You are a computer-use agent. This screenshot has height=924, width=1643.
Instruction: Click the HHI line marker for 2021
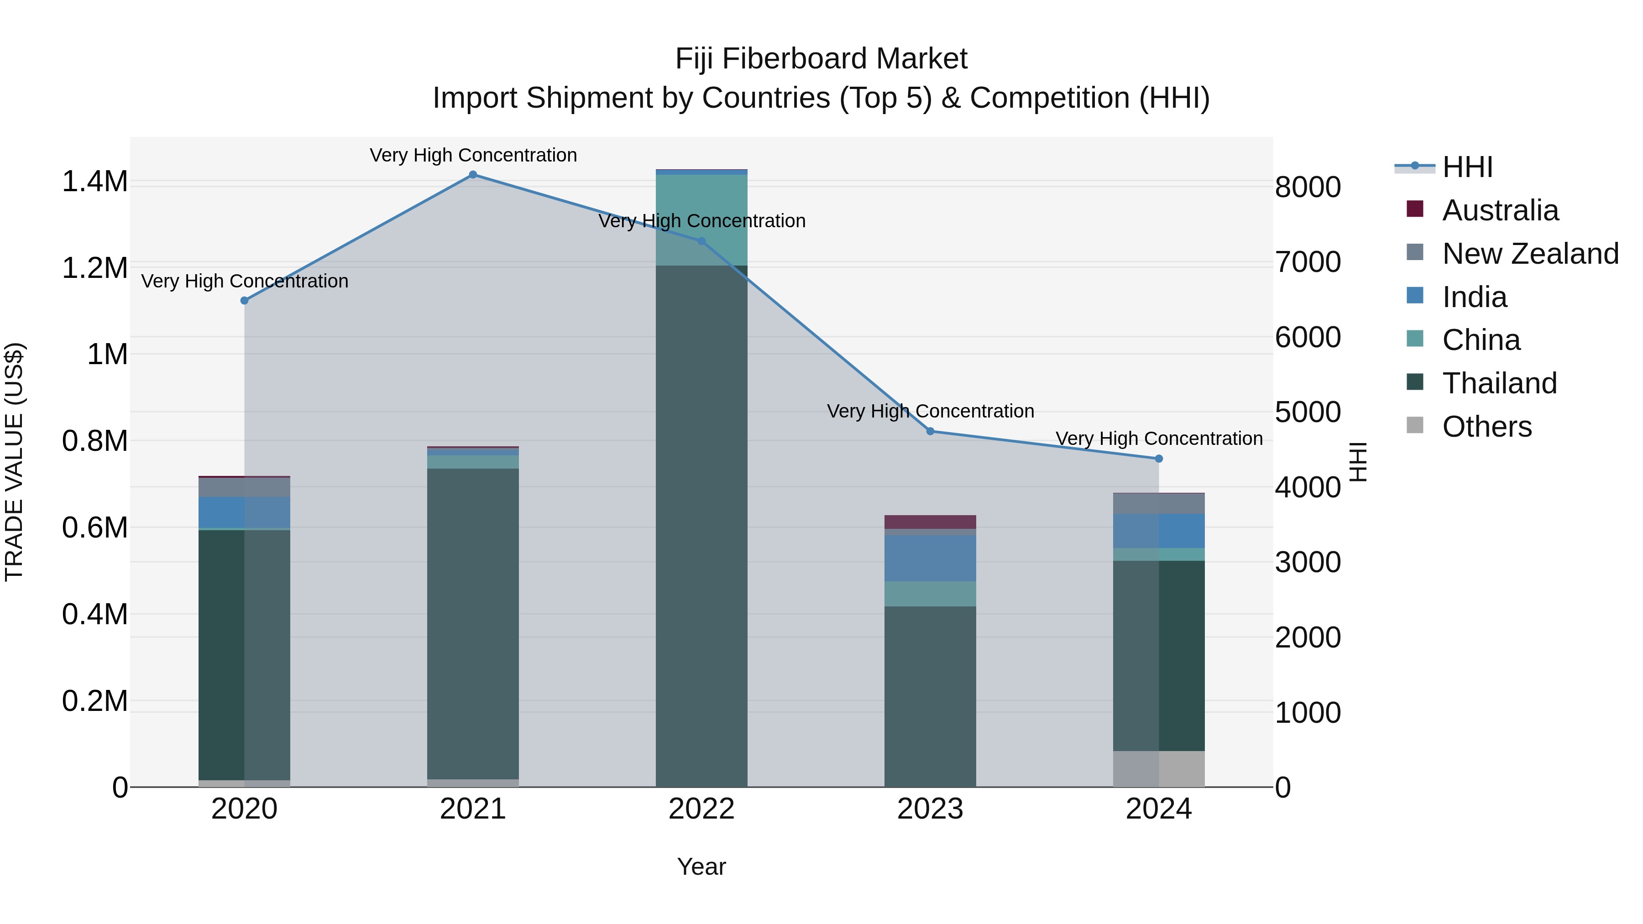(x=473, y=175)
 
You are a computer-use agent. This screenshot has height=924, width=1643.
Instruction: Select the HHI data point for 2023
(x=930, y=431)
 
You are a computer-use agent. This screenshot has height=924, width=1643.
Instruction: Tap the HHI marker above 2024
(x=1159, y=459)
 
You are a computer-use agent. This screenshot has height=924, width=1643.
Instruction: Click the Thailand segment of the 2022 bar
(x=701, y=523)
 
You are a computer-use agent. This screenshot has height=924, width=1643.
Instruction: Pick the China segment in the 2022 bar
(x=701, y=219)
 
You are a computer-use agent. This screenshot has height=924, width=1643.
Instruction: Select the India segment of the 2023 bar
(x=930, y=558)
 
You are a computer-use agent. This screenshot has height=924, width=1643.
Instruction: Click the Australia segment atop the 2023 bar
(x=930, y=522)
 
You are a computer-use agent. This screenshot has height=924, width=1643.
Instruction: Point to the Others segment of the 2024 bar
(x=1159, y=768)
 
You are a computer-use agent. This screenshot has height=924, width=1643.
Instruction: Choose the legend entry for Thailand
(x=1499, y=383)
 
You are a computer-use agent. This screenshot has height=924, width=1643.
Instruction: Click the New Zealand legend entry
(x=1529, y=254)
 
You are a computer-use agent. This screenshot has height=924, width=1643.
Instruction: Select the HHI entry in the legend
(x=1467, y=167)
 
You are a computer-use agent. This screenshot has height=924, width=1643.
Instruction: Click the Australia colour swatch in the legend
(x=1415, y=209)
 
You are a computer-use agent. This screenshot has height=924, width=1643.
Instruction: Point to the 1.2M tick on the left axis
(x=94, y=268)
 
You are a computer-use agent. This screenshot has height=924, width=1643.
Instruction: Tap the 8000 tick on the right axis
(x=1308, y=188)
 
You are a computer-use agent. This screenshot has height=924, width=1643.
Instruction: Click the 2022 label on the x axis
(x=701, y=809)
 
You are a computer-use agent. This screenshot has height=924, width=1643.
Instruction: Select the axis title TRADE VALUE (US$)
(x=14, y=462)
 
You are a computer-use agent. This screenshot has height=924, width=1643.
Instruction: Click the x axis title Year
(x=701, y=867)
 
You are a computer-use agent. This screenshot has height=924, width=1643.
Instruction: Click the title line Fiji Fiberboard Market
(x=821, y=59)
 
